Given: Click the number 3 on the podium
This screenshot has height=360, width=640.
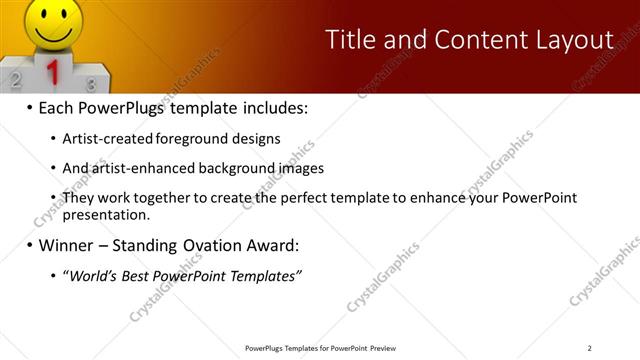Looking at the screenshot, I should coord(91,84).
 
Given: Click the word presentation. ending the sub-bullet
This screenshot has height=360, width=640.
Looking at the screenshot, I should coord(106,214).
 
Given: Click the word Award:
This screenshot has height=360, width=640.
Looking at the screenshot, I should coord(276,245).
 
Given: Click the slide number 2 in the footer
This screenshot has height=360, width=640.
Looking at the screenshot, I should coord(590,348).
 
